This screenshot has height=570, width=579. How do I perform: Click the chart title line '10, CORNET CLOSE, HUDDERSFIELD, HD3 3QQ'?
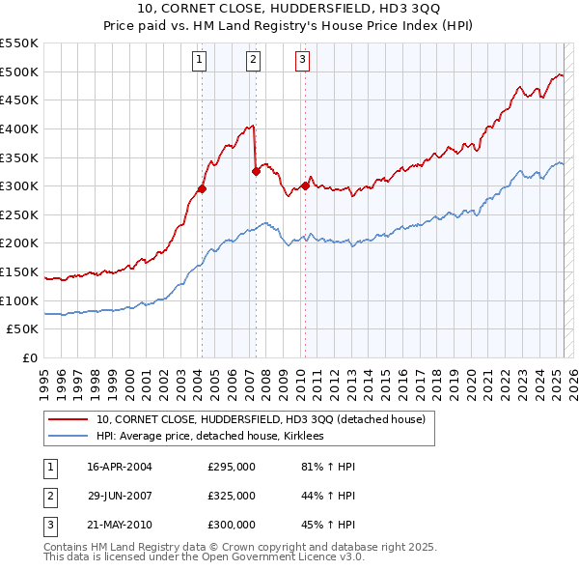(289, 10)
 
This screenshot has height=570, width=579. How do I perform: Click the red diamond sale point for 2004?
(203, 188)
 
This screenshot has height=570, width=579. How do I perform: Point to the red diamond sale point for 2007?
(257, 172)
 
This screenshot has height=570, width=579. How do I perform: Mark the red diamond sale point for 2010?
(305, 185)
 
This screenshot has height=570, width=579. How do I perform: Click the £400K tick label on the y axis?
(20, 128)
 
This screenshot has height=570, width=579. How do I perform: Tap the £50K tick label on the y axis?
(24, 329)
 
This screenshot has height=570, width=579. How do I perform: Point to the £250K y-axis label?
(20, 214)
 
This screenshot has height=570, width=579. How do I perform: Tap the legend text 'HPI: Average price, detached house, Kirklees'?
(209, 437)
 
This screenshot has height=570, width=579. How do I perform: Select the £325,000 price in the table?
(232, 496)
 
